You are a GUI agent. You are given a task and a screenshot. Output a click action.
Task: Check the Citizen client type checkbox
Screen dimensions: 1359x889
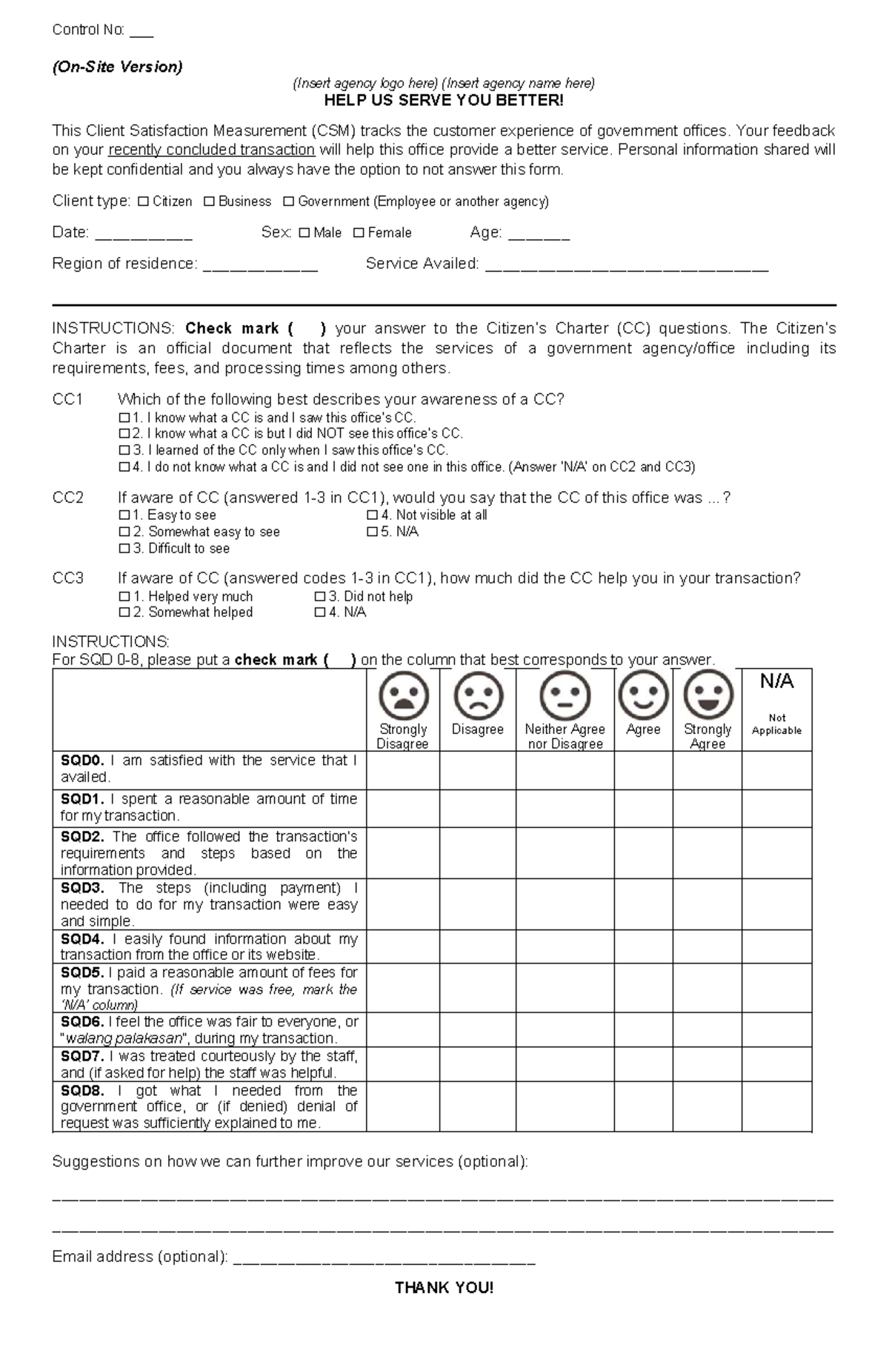[143, 201]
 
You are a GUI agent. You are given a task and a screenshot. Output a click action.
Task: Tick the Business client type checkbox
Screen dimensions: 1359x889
[209, 201]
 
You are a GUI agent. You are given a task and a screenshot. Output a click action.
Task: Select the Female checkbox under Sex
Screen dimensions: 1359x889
[359, 233]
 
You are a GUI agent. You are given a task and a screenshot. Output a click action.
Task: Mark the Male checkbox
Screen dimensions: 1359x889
[304, 233]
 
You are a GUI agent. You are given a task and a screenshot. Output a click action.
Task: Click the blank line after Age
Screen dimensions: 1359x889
[539, 236]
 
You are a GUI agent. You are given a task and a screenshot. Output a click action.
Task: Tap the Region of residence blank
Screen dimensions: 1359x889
[260, 267]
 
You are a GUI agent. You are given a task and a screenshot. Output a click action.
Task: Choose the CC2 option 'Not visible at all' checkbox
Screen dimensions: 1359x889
[372, 515]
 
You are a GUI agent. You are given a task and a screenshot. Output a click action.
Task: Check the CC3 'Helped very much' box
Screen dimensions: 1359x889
[124, 597]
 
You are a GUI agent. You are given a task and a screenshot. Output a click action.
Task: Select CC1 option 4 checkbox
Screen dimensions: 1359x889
[124, 467]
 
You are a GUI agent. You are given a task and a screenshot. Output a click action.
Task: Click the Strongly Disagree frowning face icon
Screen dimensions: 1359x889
[403, 695]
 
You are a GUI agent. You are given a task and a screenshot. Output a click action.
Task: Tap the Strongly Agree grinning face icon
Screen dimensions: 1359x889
[707, 695]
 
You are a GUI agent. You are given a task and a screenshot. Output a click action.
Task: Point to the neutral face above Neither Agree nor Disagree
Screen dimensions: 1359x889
[565, 695]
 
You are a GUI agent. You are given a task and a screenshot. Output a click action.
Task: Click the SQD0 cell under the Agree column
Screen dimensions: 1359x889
[643, 770]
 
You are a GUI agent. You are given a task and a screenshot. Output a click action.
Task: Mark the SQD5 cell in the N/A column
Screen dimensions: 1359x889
[776, 988]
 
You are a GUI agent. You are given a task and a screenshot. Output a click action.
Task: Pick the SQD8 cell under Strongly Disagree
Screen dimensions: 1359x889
[403, 1106]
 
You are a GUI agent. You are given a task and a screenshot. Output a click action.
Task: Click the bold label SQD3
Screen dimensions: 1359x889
[82, 888]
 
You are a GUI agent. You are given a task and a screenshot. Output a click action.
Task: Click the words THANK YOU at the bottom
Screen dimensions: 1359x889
[444, 1288]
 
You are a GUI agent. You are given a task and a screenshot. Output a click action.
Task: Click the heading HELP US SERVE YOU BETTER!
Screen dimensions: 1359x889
[444, 101]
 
